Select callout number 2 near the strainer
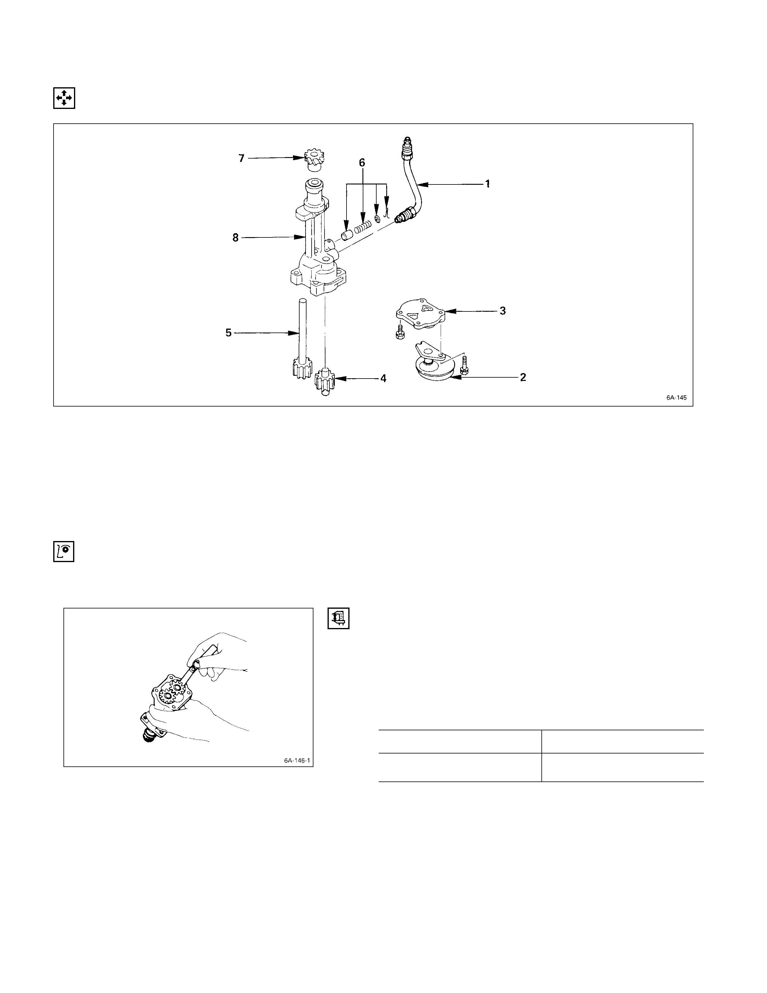click(523, 377)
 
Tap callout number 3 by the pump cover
click(503, 311)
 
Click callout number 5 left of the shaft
click(229, 333)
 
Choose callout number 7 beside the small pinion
click(241, 158)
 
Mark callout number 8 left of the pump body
click(236, 237)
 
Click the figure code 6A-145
click(676, 398)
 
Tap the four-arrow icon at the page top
click(64, 98)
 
